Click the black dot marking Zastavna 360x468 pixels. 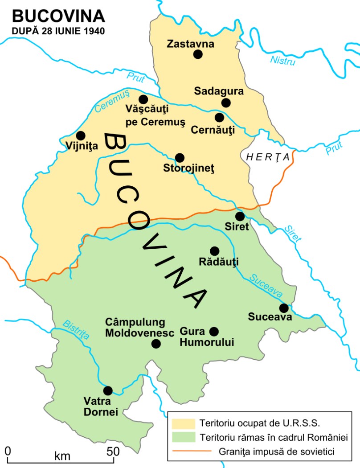point(198,54)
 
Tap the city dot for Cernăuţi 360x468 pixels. point(219,118)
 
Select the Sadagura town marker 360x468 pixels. point(226,103)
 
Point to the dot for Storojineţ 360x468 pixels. point(180,157)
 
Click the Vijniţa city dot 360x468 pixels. point(81,135)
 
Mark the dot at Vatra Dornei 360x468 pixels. point(108,390)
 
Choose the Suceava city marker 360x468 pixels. point(284,308)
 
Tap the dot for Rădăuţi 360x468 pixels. point(214,251)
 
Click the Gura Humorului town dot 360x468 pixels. point(214,331)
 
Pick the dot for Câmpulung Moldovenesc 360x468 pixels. point(156,344)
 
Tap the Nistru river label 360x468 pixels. point(283,60)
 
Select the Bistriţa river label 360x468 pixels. point(76,331)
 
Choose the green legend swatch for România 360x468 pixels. point(183,437)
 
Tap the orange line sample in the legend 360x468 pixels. point(183,452)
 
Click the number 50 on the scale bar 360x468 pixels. point(113,451)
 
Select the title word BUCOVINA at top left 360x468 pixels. point(58,16)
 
